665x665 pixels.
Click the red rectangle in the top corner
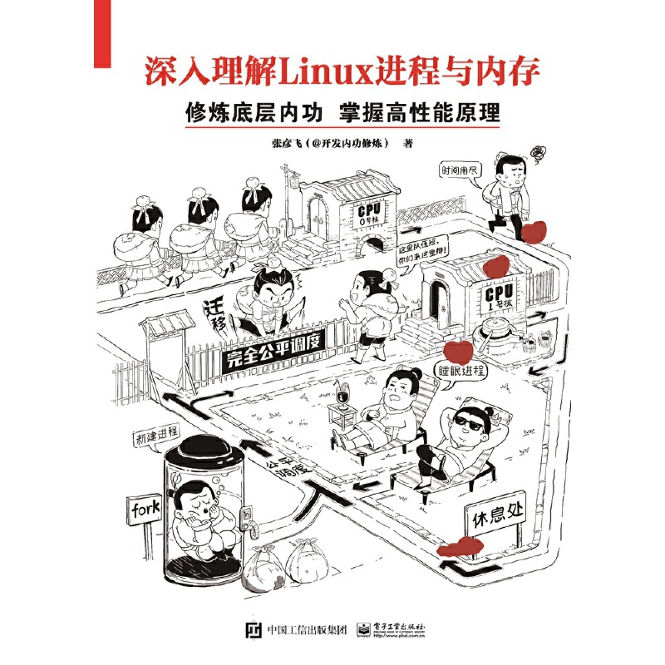102,33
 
